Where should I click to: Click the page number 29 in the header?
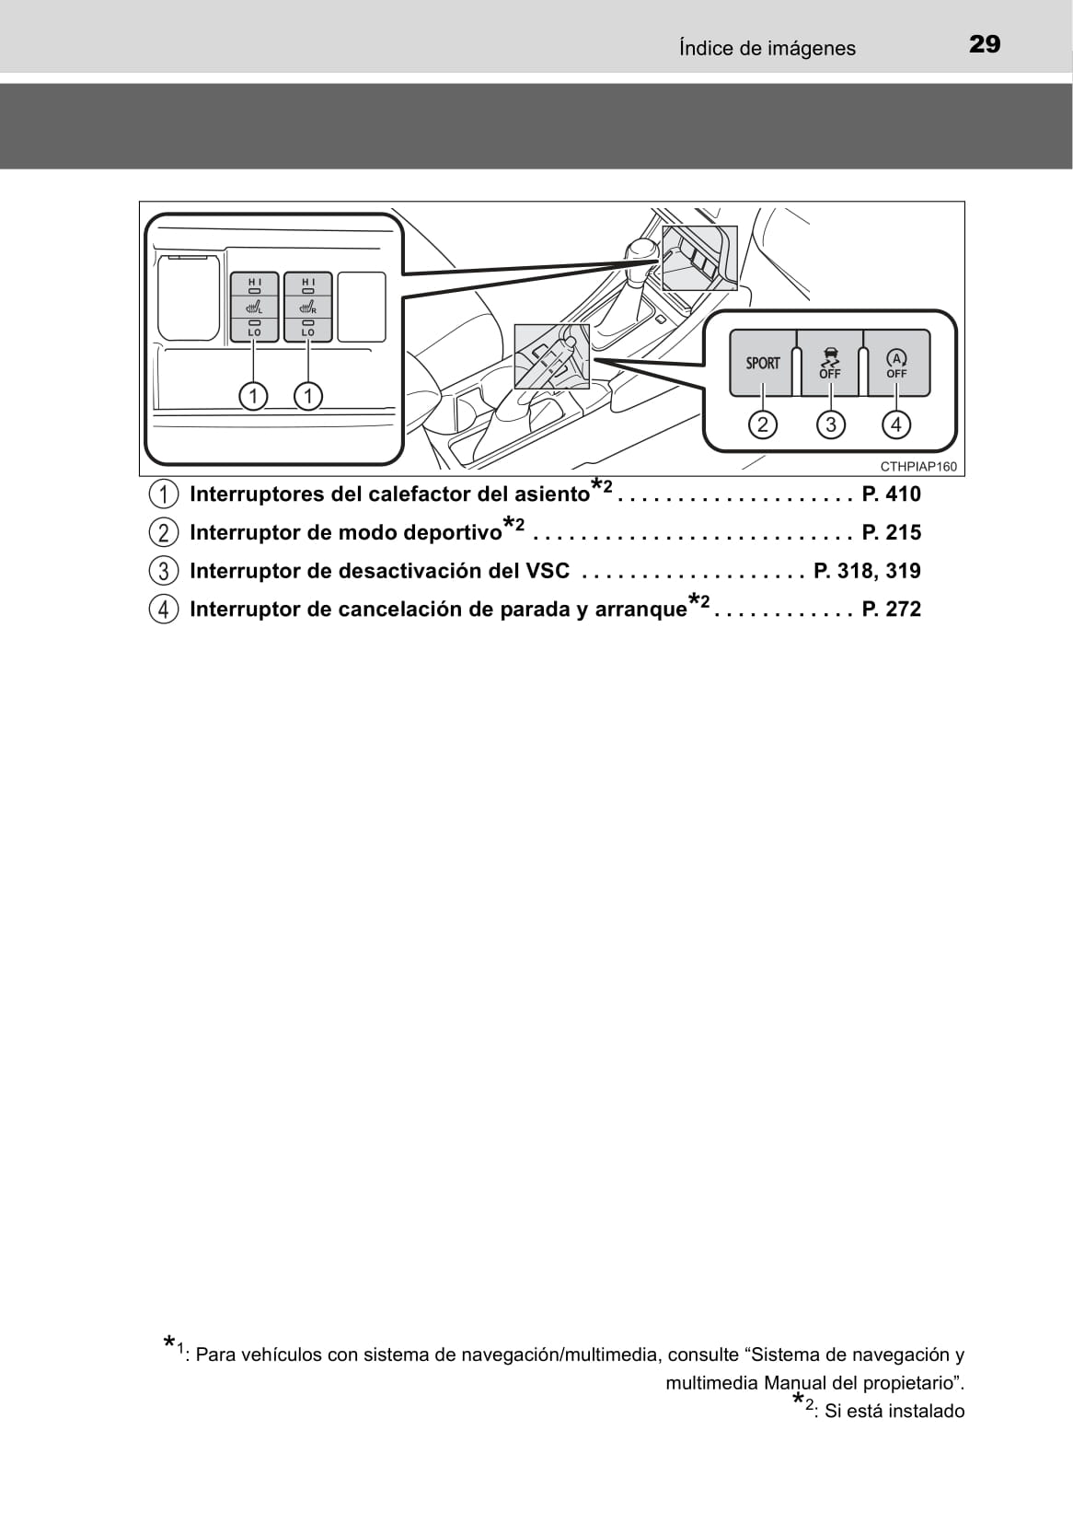(x=985, y=45)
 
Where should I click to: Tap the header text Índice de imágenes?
(x=767, y=48)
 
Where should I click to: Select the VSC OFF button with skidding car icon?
(x=830, y=363)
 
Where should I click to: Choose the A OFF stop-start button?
(x=896, y=363)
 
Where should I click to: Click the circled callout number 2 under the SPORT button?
(x=763, y=424)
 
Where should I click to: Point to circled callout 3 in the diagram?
(x=830, y=424)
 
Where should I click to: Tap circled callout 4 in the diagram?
(x=896, y=424)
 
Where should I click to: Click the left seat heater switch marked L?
(x=254, y=307)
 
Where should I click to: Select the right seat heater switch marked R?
(x=308, y=307)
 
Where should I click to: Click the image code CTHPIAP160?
(x=918, y=467)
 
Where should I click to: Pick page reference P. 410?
(x=892, y=494)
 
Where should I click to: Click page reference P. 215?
(x=892, y=532)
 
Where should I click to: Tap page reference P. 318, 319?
(x=867, y=571)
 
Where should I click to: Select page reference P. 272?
(x=892, y=610)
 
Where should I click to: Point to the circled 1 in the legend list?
(x=163, y=494)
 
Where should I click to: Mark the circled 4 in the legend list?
(x=163, y=610)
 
